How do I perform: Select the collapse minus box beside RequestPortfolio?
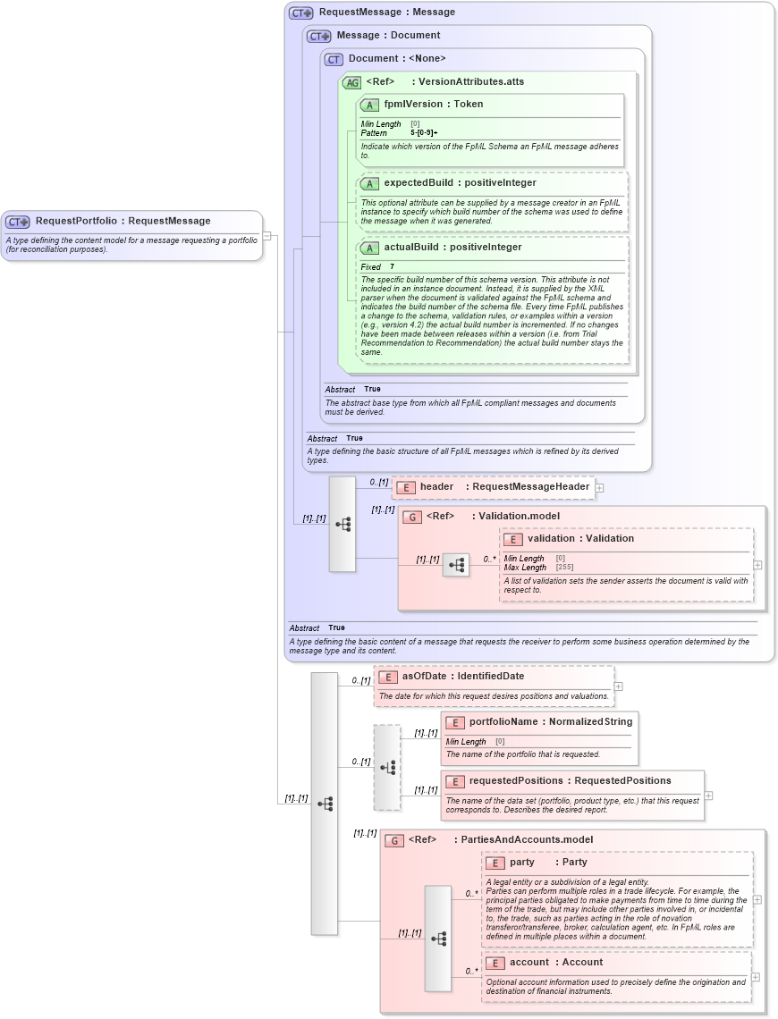coord(266,236)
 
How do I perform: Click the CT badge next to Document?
coord(334,59)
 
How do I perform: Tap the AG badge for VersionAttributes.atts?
coord(351,82)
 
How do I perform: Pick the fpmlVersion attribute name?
coord(413,105)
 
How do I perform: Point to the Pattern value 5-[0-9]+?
coord(424,133)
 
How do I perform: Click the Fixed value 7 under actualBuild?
coord(392,267)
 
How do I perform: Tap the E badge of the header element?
coord(405,487)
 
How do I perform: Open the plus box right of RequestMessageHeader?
coord(599,488)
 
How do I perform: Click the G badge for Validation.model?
coord(411,517)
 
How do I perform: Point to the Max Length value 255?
coord(564,568)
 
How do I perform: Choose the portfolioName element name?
coord(503,721)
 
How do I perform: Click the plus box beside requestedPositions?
coord(708,796)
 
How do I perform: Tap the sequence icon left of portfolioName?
coord(387,767)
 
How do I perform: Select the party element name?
coord(522,863)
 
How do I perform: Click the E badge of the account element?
coord(494,964)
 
